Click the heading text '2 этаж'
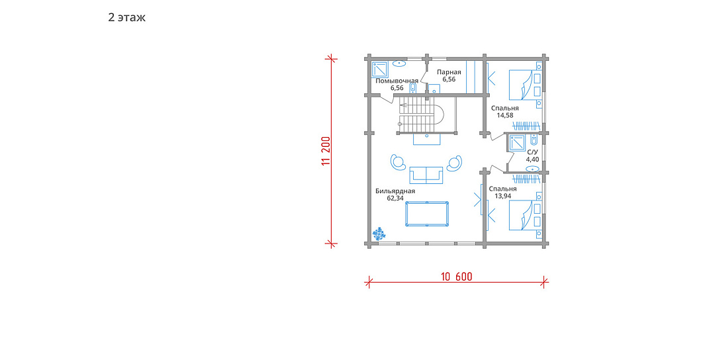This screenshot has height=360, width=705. point(127,17)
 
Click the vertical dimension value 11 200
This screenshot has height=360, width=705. point(326,151)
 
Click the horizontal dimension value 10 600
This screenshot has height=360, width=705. point(456,277)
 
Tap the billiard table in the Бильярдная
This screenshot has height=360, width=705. point(427,214)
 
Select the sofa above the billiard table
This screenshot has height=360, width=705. point(426,175)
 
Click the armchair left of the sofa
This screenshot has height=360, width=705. point(399,161)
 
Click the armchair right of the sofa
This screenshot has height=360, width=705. point(454,163)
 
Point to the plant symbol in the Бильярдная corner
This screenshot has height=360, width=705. point(379,234)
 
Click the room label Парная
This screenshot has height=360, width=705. point(449,72)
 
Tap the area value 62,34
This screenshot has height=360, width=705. point(395,198)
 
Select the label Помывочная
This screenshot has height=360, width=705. point(397,81)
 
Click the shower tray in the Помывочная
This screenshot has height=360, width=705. point(381,69)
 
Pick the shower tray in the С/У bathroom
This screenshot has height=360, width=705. point(516,143)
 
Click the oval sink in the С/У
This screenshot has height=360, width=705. point(533,169)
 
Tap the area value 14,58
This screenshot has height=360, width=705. point(505,115)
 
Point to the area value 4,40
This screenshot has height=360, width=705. point(532,159)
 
